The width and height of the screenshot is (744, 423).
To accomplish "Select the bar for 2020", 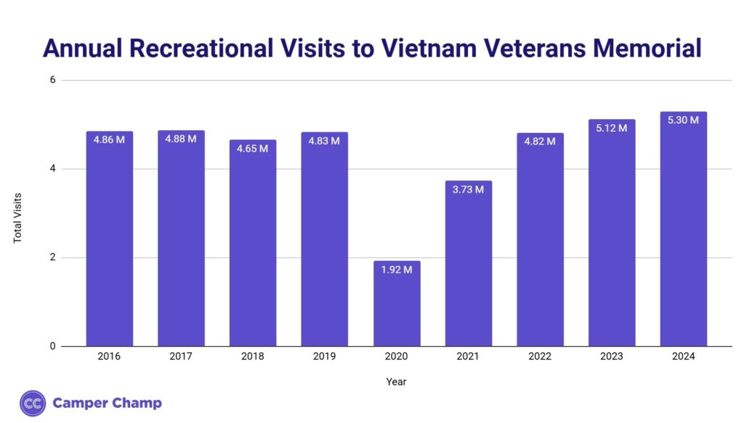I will tap(397, 304).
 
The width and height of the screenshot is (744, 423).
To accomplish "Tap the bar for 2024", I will tap(684, 229).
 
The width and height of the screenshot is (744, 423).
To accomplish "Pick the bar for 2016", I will tap(109, 239).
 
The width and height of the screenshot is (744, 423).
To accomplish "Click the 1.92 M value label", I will tap(397, 270).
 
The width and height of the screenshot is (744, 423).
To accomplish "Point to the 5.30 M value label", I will tap(684, 120).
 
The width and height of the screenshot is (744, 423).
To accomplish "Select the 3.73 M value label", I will tap(469, 190).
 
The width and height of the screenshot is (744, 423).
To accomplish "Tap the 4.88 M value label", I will tap(181, 139).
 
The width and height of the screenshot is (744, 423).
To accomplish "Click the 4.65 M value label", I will tap(253, 148).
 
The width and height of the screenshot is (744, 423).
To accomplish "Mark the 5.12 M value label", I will tap(612, 128).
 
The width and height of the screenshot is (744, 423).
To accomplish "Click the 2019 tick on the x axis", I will tap(325, 356).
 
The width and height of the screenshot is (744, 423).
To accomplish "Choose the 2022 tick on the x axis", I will tap(540, 356).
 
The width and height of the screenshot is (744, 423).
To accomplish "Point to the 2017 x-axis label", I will tap(181, 356).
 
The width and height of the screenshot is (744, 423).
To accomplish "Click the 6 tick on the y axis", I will tap(52, 80).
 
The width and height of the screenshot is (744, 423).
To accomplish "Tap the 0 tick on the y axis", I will tap(52, 346).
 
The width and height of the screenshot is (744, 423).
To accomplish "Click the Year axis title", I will tap(397, 381).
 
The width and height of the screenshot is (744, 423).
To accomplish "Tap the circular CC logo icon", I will tap(33, 403).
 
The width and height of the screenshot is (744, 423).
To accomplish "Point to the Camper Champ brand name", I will tap(107, 403).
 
